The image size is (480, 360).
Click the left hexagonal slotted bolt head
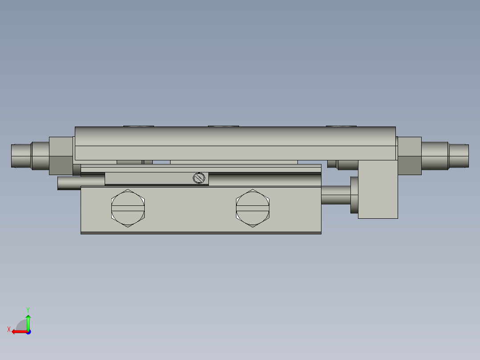(128, 208)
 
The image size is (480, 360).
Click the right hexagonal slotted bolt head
(252, 208)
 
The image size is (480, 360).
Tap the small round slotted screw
(199, 178)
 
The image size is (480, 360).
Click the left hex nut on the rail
(61, 155)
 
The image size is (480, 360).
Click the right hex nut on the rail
(410, 155)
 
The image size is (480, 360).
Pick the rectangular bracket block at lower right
(378, 189)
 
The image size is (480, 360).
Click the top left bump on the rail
(138, 126)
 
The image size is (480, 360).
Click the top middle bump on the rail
(223, 126)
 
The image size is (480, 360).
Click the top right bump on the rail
(341, 126)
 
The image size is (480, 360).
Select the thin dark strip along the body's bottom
(200, 233)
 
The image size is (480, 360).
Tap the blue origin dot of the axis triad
(28, 332)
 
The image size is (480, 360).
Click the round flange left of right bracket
(354, 195)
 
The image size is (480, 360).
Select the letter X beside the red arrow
(9, 329)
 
